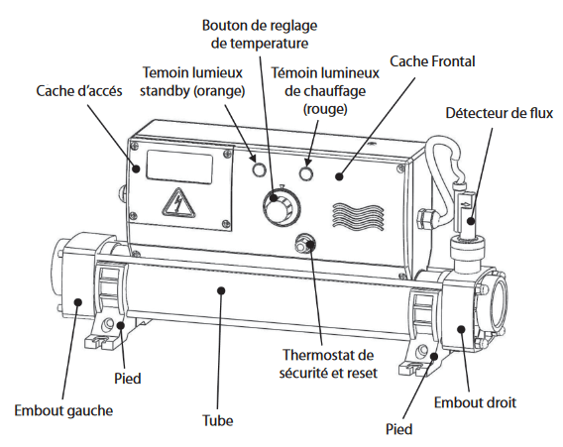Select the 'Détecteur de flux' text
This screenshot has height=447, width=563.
[498, 113]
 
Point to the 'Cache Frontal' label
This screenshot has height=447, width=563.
[432, 61]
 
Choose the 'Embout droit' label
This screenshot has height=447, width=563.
[476, 402]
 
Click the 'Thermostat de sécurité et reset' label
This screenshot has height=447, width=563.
[334, 365]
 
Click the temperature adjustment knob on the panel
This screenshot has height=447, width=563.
[277, 209]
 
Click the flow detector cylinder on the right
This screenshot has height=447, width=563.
[469, 213]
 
